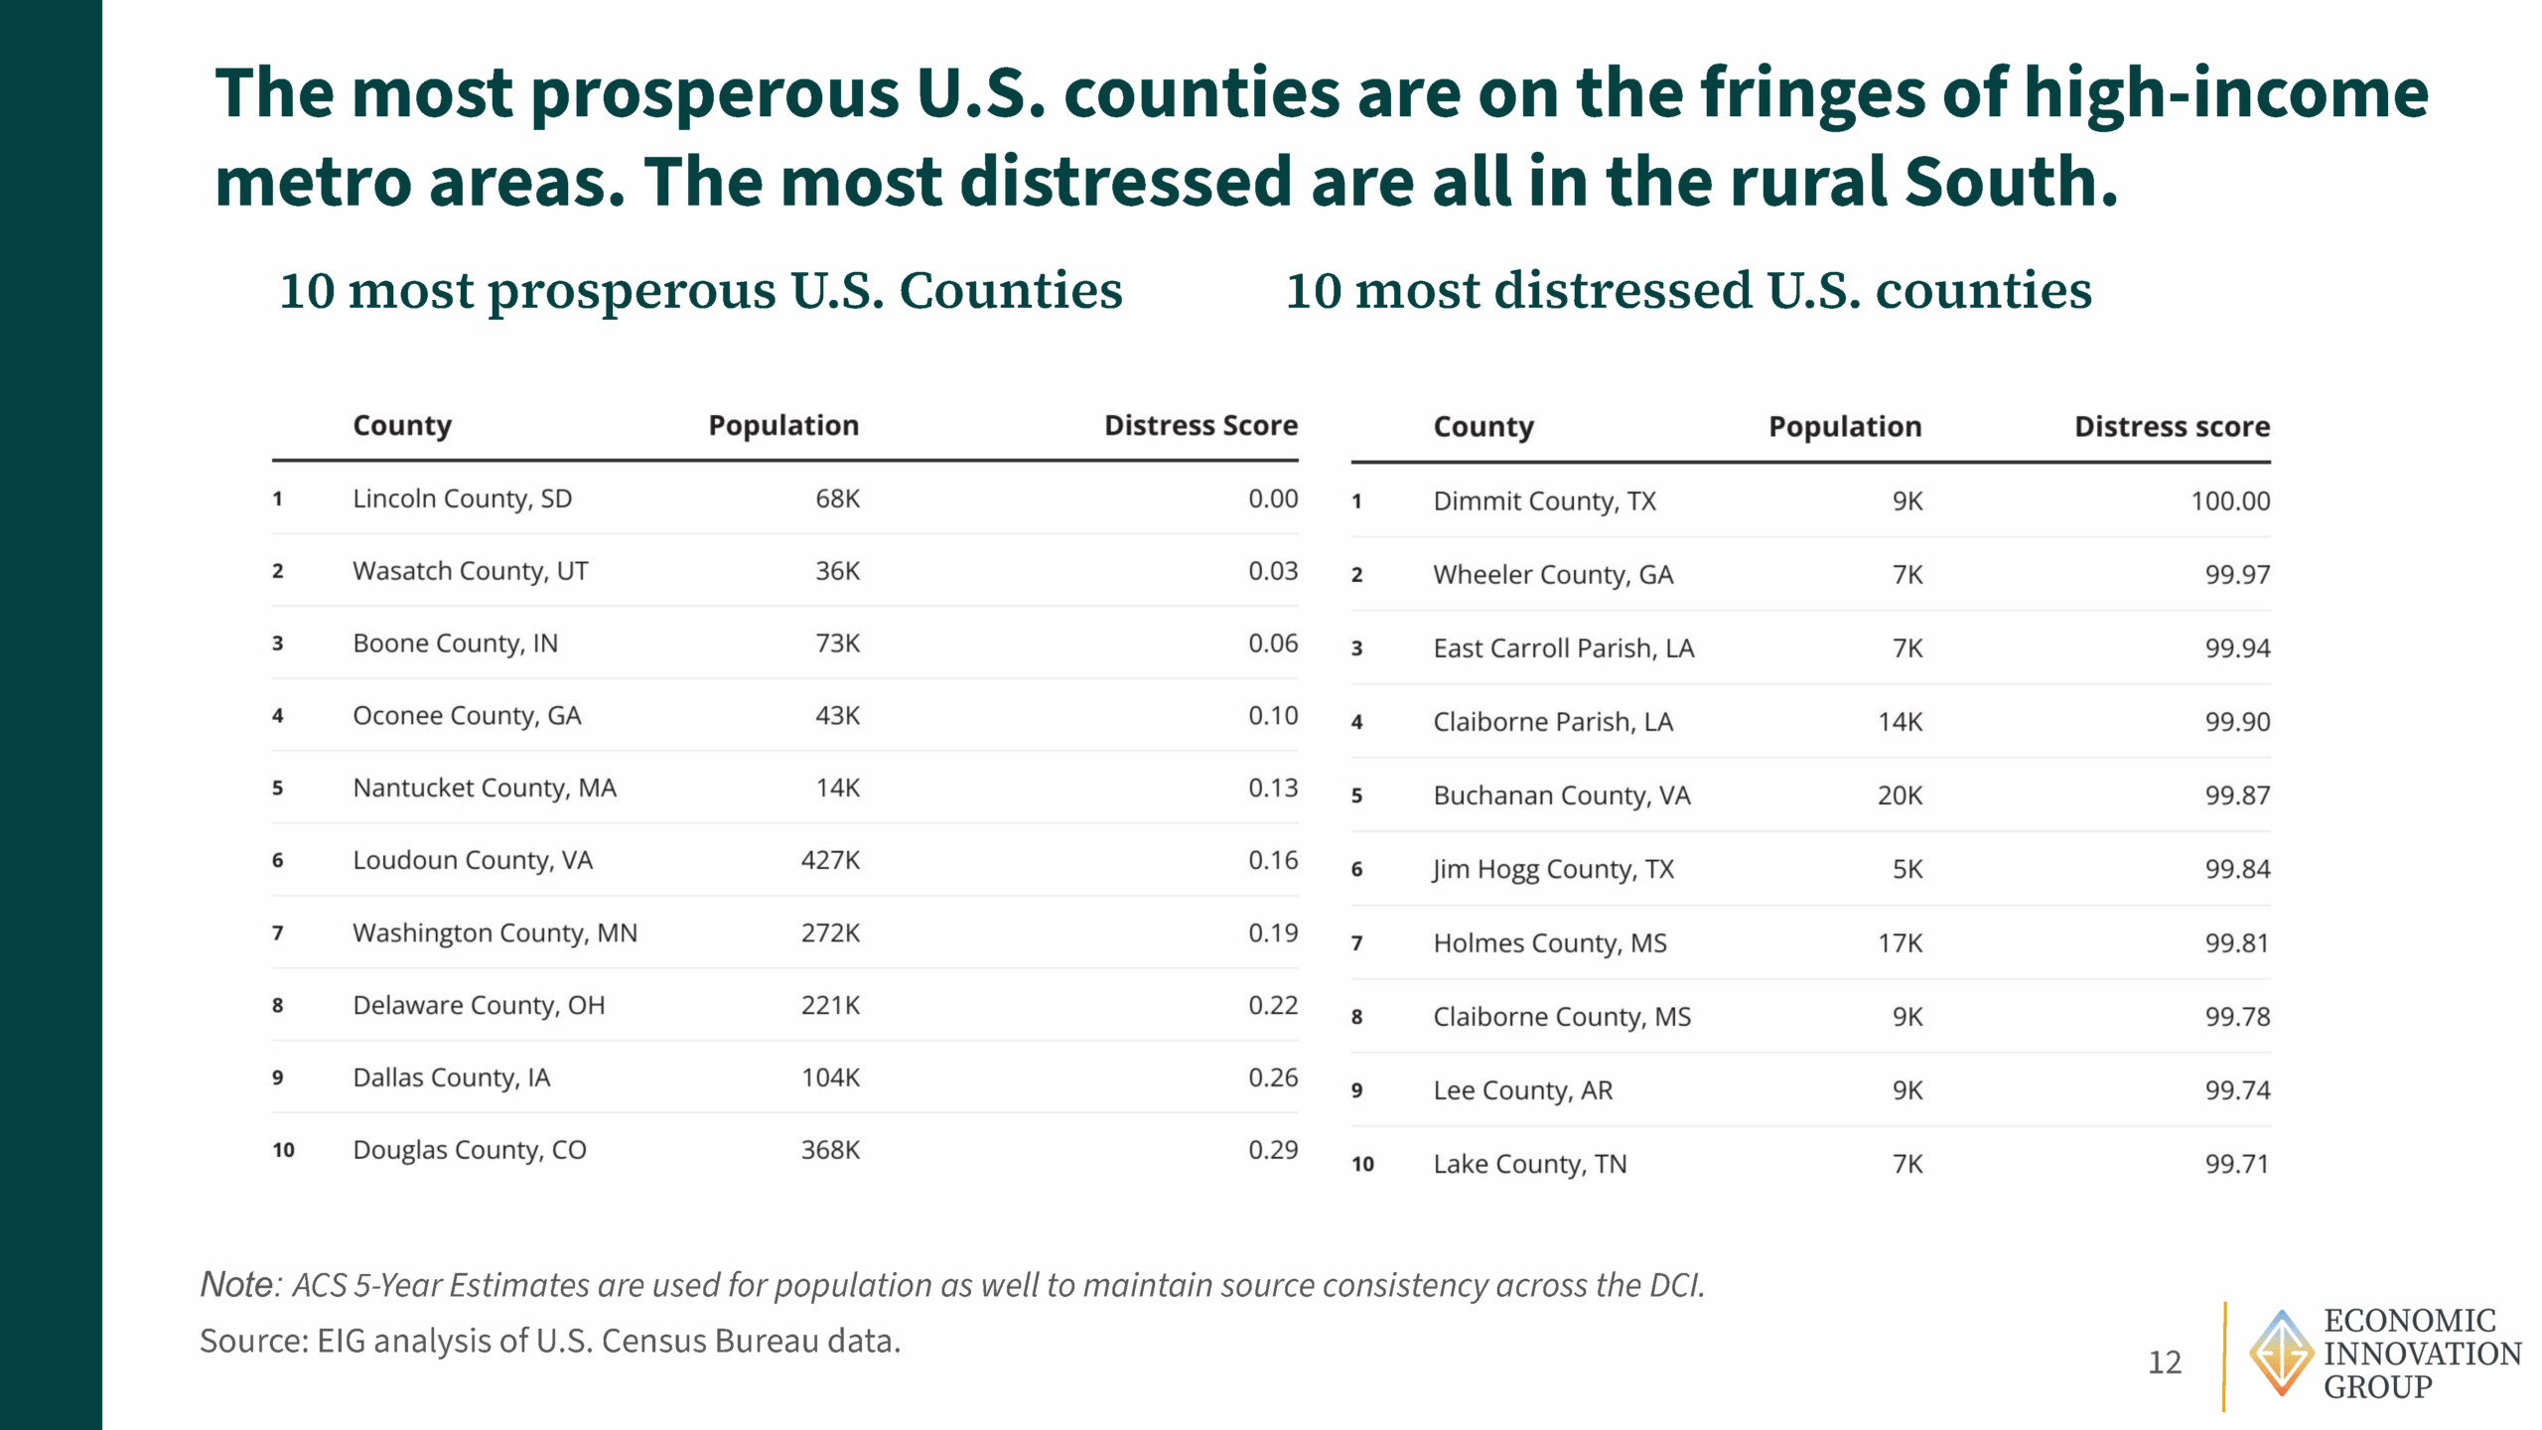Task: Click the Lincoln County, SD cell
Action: [x=462, y=499]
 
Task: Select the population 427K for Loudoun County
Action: [x=830, y=860]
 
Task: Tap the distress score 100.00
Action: [x=2230, y=500]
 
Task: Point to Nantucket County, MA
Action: [x=485, y=788]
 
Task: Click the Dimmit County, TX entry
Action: [x=1544, y=501]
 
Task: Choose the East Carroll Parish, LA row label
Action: [x=1563, y=648]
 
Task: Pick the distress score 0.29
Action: [x=1273, y=1150]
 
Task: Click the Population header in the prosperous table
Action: [x=783, y=425]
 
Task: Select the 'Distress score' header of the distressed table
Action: [x=2172, y=426]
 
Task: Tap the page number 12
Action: [x=2165, y=1361]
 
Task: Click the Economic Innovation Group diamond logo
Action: [x=2281, y=1353]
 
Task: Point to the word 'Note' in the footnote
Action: [x=237, y=1284]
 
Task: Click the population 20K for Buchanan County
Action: [x=1900, y=795]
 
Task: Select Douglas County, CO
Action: [x=470, y=1150]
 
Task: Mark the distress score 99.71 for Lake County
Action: [x=2237, y=1164]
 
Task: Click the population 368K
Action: [x=830, y=1150]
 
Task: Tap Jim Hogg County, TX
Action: [x=1553, y=870]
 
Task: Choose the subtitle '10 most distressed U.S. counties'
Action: [x=1688, y=290]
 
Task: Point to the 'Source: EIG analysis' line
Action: [x=550, y=1341]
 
